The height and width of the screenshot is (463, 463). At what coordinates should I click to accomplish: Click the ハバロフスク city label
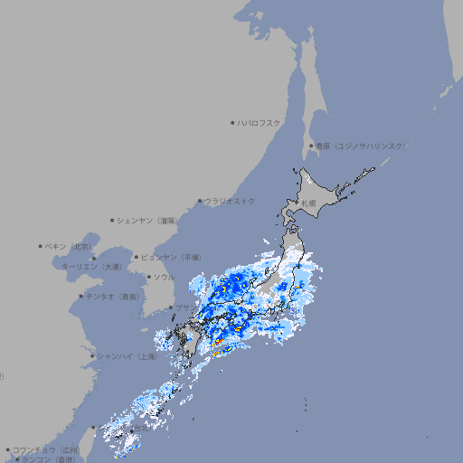(259, 122)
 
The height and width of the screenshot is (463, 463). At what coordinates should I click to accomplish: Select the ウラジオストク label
(230, 201)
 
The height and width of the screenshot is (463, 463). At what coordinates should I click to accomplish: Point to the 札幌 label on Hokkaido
(309, 203)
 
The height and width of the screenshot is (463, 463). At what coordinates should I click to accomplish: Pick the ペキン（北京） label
(69, 246)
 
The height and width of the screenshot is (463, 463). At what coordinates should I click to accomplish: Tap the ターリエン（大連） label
(90, 267)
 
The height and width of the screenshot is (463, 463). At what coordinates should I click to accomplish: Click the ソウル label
(164, 277)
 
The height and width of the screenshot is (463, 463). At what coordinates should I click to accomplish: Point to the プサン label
(182, 308)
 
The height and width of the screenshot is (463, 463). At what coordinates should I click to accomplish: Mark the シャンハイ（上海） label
(127, 356)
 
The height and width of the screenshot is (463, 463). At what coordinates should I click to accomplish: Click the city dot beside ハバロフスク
(232, 122)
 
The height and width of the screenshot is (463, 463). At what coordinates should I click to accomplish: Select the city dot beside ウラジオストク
(200, 201)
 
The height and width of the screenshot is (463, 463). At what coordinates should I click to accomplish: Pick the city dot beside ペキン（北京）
(41, 246)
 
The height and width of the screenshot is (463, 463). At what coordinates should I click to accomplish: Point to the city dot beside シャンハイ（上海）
(92, 356)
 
